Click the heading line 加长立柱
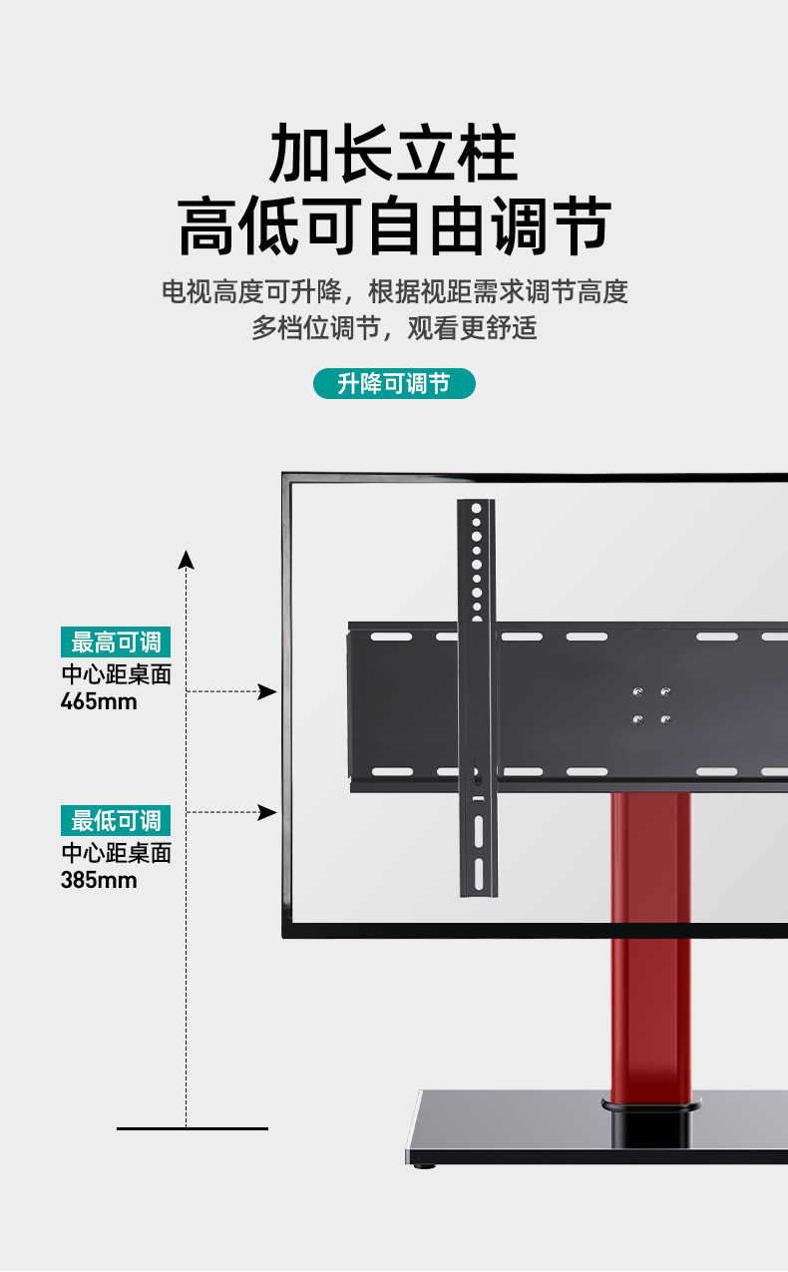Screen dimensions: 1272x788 393,155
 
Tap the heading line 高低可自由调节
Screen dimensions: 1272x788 393,226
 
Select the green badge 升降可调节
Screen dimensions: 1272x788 394,383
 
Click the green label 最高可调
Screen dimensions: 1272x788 116,641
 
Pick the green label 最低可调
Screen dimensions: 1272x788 116,821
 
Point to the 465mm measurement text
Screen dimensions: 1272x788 99,701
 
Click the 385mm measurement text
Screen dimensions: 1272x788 99,881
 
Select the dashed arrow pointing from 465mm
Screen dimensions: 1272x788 232,691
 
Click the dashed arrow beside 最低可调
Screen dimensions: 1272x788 232,812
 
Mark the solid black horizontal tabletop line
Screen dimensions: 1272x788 193,1128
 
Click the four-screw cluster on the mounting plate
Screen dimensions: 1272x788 651,704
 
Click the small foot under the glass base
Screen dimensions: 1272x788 426,1164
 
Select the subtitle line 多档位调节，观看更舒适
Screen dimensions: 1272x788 394,327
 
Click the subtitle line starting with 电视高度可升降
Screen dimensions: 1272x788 394,291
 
